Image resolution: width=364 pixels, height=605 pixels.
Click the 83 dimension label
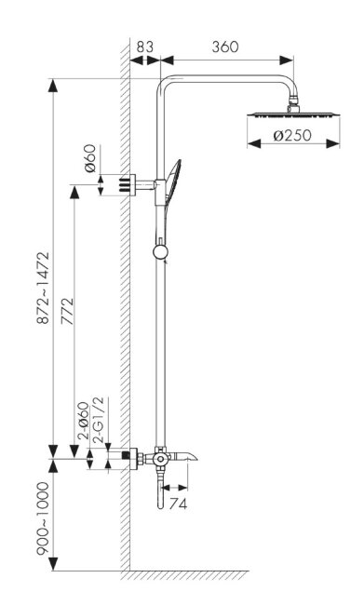point(144,47)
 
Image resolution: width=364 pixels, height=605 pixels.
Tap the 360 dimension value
point(225,47)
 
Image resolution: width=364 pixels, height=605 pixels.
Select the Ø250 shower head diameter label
point(292,136)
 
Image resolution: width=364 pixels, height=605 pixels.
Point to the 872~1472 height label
point(43,288)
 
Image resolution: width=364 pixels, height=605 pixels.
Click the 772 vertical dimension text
point(67,311)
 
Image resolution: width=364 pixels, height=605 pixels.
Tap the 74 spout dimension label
point(178,504)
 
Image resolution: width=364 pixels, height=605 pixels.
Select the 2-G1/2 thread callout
point(99,423)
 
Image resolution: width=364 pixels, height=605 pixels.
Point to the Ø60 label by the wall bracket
point(90,158)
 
